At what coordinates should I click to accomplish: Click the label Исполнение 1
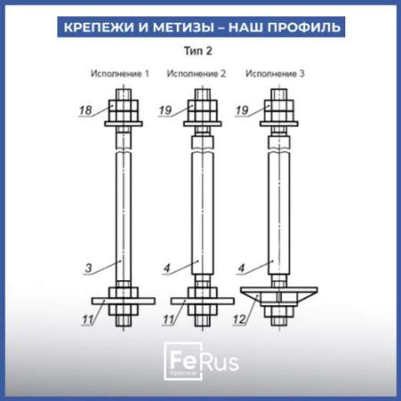[120, 74]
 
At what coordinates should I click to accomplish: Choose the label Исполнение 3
[275, 74]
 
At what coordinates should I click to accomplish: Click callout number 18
[86, 111]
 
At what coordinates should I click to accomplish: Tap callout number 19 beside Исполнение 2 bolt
[166, 110]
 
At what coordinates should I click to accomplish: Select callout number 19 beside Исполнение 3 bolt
[243, 110]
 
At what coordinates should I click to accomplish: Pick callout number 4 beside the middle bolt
[167, 269]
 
